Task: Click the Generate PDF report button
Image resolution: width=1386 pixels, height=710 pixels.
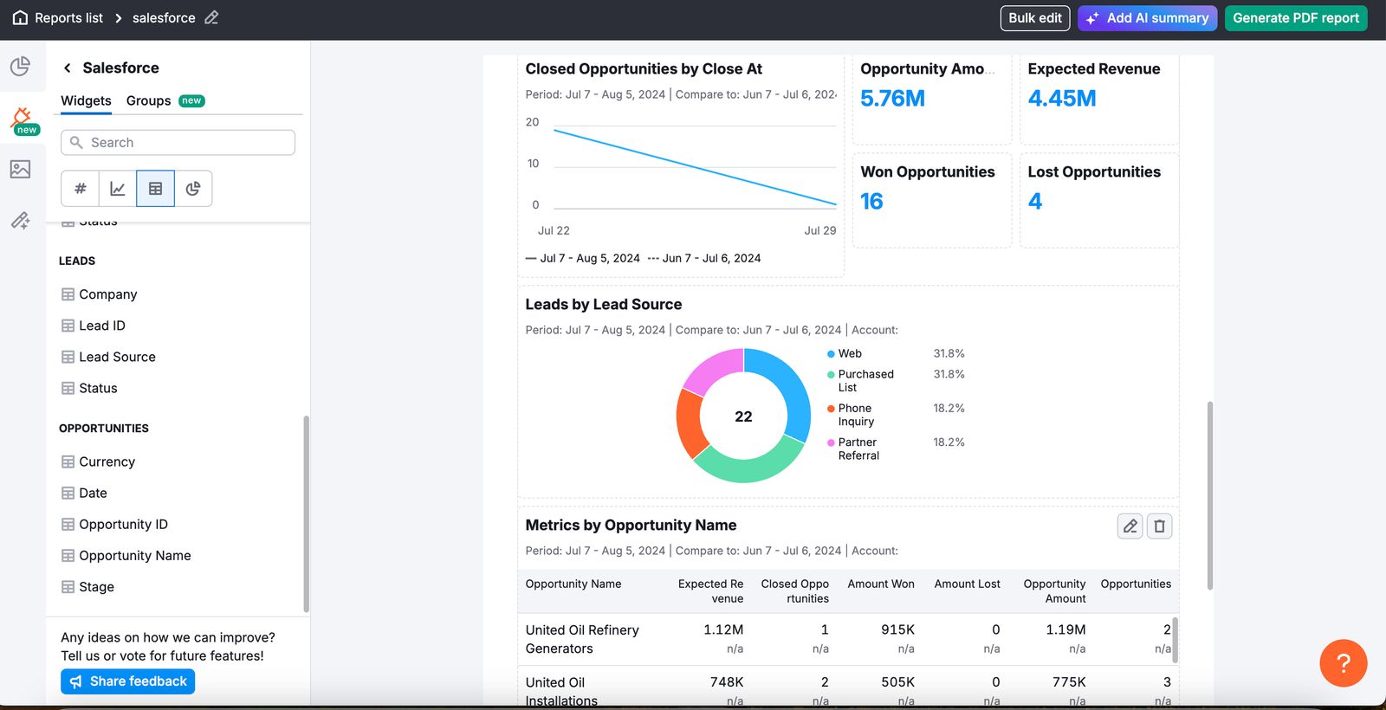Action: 1295,18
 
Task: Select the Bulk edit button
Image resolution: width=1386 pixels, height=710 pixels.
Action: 1034,18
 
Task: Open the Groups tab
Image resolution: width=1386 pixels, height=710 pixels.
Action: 149,100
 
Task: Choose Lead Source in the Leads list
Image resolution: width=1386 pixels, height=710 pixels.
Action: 117,357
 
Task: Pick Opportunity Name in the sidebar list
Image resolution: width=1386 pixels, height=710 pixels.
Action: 134,556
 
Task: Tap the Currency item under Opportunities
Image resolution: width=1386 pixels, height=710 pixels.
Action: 107,462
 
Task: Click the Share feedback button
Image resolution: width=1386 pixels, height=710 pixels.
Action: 128,681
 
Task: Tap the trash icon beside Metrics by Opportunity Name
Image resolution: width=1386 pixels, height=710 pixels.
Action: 1159,526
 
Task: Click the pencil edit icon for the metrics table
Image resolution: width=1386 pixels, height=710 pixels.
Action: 1130,526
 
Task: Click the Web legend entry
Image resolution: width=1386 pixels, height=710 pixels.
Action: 849,353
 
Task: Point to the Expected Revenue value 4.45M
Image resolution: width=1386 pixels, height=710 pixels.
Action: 1062,99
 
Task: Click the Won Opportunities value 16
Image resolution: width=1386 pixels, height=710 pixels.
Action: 871,202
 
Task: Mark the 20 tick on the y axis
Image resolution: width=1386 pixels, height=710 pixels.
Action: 532,122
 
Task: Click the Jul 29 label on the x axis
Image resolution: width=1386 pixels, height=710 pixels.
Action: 819,230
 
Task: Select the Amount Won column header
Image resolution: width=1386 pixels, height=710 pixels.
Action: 880,584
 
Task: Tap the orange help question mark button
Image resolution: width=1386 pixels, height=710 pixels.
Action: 1343,663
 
